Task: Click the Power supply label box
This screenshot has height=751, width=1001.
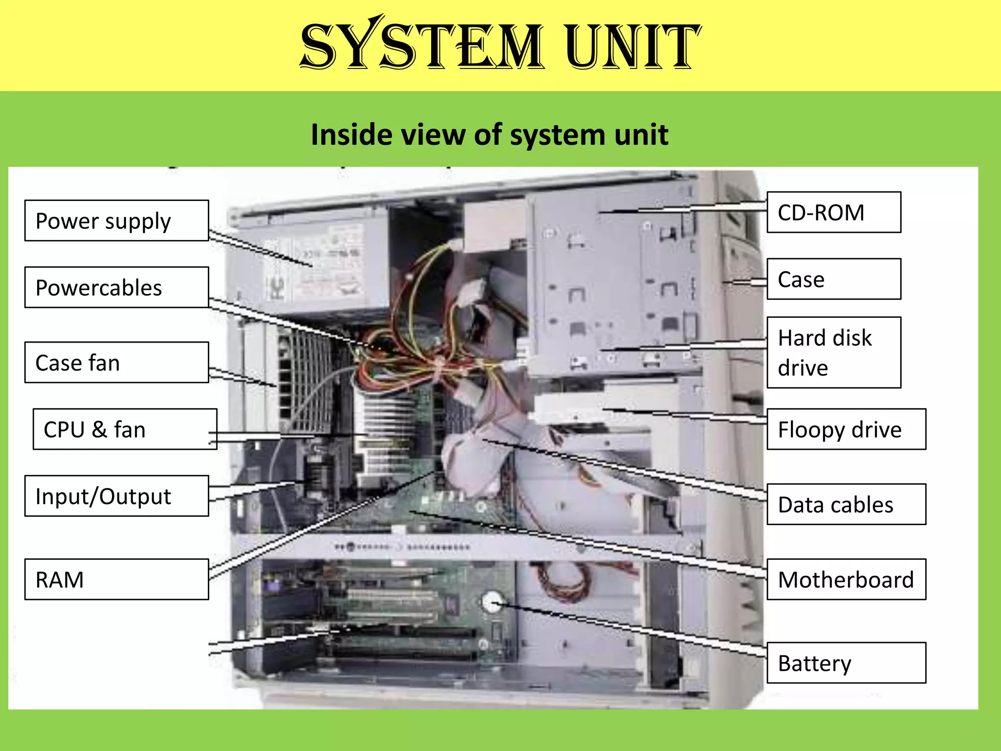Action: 116,221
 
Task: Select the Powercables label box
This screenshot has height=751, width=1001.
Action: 116,287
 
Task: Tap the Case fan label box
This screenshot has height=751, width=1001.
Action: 116,362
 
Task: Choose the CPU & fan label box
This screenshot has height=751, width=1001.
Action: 125,429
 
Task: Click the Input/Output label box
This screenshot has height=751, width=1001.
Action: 116,496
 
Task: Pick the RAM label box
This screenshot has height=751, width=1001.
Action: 116,579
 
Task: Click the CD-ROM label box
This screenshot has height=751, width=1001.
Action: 834,212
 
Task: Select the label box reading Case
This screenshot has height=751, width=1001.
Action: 834,279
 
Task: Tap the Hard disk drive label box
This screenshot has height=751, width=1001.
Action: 834,353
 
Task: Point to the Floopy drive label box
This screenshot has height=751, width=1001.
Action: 846,429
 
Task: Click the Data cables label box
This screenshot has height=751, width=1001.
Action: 846,504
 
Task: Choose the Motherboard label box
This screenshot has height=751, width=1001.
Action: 846,579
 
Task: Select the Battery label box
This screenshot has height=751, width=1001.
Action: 846,663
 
